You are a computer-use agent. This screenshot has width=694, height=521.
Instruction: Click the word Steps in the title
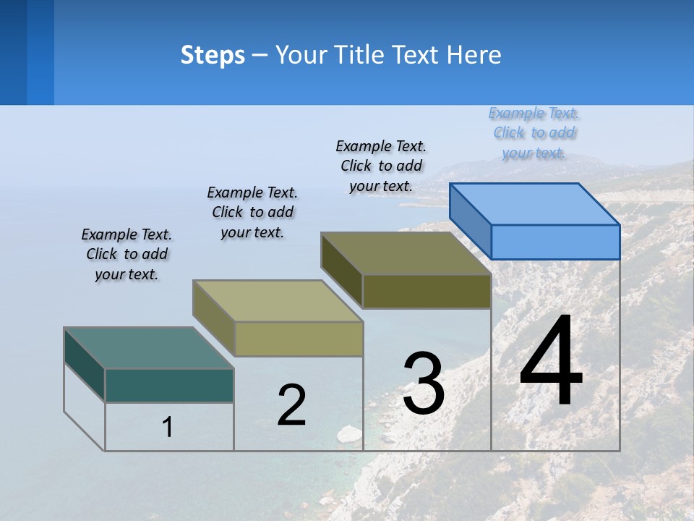[x=213, y=55]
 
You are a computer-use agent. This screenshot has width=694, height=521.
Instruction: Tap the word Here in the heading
[x=474, y=55]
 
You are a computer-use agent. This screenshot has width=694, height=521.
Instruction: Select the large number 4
[x=551, y=362]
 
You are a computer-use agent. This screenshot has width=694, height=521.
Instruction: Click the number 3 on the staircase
[x=423, y=383]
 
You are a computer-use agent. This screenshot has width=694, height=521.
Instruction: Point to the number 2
[x=291, y=405]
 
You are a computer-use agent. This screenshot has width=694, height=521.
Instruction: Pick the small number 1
[x=167, y=428]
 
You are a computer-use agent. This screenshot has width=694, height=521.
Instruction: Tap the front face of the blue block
[x=555, y=242]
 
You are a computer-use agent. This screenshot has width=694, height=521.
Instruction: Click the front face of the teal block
[x=169, y=385]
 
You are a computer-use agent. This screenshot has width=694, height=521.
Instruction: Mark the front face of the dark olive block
[x=427, y=292]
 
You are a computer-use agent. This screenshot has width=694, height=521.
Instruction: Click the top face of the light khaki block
[x=278, y=301]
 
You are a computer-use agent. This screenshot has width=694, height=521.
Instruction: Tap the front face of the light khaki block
[x=299, y=339]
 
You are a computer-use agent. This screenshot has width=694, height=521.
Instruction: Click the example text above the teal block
[x=127, y=254]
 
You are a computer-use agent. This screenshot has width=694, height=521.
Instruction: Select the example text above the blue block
[x=534, y=132]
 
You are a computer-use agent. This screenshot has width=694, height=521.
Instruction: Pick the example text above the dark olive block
[x=381, y=166]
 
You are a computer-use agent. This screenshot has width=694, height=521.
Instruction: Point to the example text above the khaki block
[x=252, y=212]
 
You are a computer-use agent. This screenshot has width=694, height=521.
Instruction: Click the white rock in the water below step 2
[x=350, y=433]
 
